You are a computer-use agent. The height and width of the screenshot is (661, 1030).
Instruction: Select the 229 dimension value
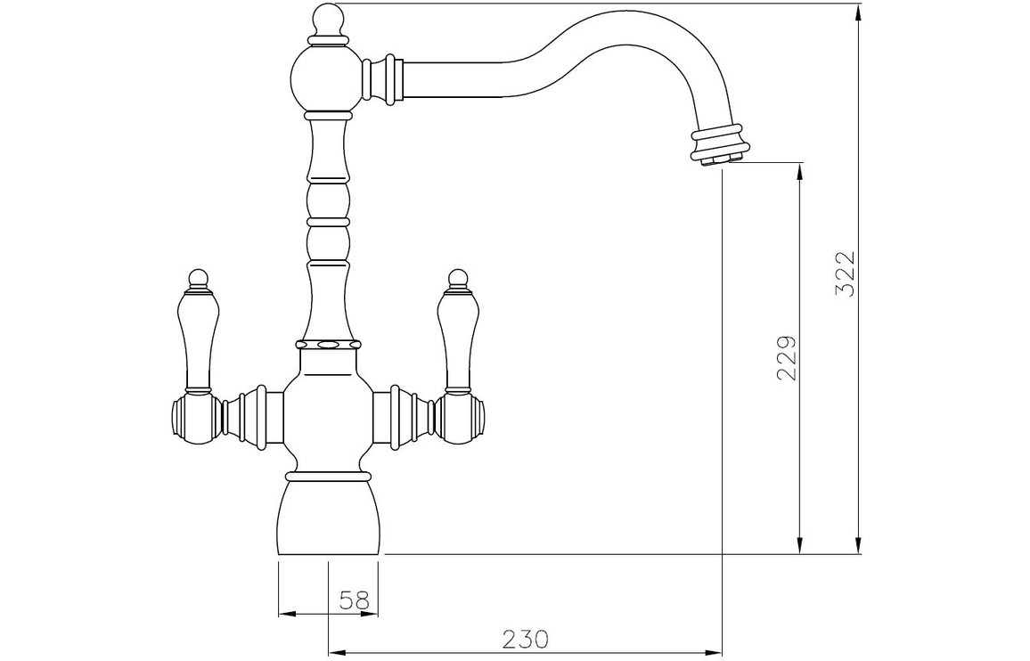click(786, 359)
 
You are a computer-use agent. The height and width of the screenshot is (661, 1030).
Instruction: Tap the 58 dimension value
click(355, 600)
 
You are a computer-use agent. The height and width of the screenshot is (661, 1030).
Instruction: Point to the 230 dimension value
click(525, 639)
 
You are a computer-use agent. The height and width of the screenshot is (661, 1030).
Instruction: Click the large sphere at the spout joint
click(326, 78)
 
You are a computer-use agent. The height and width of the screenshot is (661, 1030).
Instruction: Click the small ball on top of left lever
click(199, 279)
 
